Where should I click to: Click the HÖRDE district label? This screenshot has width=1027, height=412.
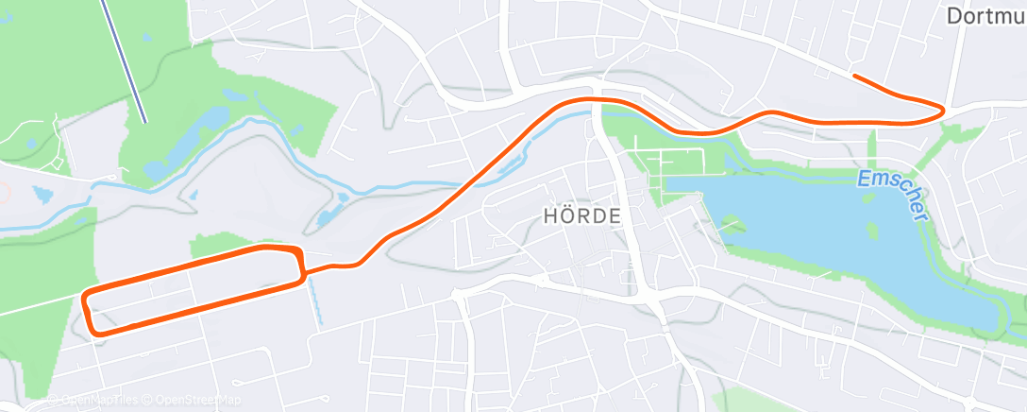click(582, 215)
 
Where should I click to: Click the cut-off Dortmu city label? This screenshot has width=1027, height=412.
click(985, 16)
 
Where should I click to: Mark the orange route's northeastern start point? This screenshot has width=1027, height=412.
click(853, 75)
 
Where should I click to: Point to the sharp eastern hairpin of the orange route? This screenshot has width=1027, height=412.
click(941, 112)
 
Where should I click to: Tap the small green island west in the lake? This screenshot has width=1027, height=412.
click(732, 224)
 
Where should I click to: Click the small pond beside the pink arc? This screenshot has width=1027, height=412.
click(42, 193)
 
